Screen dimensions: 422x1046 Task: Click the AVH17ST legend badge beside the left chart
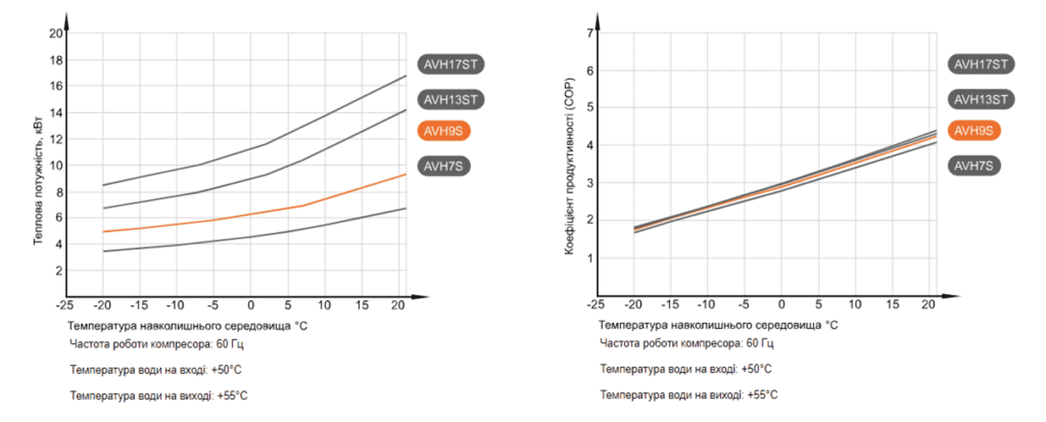(450, 64)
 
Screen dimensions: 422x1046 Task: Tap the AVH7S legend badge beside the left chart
(444, 166)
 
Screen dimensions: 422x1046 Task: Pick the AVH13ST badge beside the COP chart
(981, 100)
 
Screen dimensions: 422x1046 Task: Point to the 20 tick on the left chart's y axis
(55, 33)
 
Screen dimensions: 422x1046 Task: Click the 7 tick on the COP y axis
(590, 33)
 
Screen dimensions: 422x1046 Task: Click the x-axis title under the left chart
(188, 325)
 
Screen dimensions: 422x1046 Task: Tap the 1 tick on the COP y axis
(590, 258)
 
